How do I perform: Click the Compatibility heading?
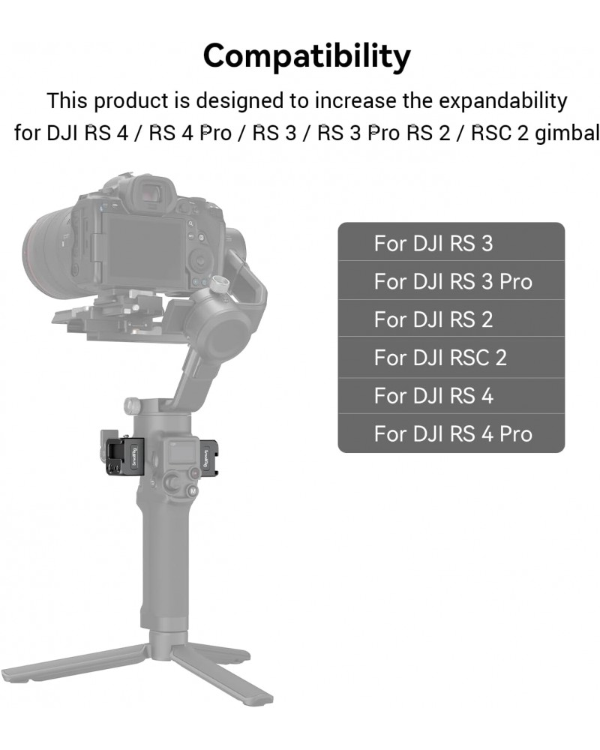click(307, 56)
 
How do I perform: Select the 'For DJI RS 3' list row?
click(451, 242)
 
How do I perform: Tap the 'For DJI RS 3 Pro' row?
click(451, 280)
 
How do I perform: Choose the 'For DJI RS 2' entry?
click(451, 319)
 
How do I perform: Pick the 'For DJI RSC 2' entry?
click(451, 357)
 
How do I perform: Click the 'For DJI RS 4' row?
click(451, 395)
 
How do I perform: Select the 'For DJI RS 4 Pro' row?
click(451, 433)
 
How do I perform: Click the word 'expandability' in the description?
click(502, 101)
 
